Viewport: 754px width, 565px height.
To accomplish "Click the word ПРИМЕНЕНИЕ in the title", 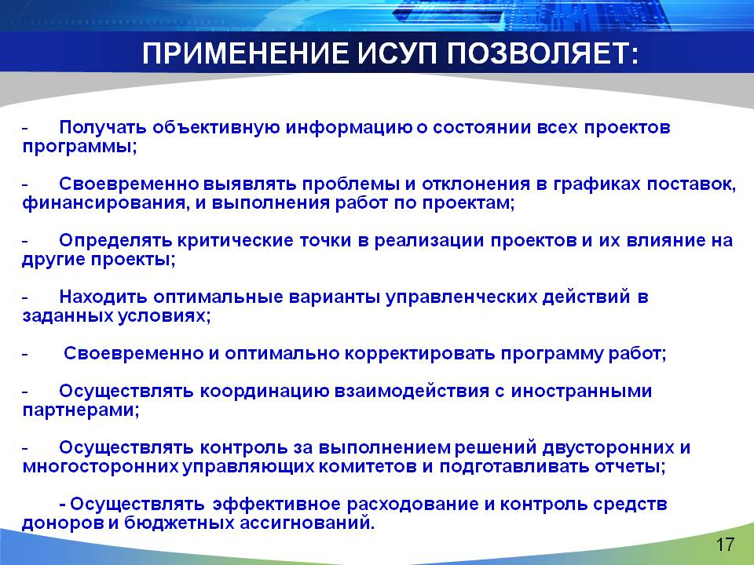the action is pyautogui.click(x=244, y=53).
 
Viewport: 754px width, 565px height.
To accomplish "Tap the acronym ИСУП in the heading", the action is pyautogui.click(x=397, y=53).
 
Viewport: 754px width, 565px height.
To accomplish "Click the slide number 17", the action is pyautogui.click(x=725, y=545).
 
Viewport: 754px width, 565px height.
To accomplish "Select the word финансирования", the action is pyautogui.click(x=104, y=203).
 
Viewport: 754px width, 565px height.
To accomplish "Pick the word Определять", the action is pyautogui.click(x=115, y=240).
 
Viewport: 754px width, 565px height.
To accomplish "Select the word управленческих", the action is pyautogui.click(x=461, y=297).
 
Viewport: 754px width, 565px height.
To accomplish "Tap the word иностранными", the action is pyautogui.click(x=581, y=391).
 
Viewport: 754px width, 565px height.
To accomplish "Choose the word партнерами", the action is pyautogui.click(x=81, y=410).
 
